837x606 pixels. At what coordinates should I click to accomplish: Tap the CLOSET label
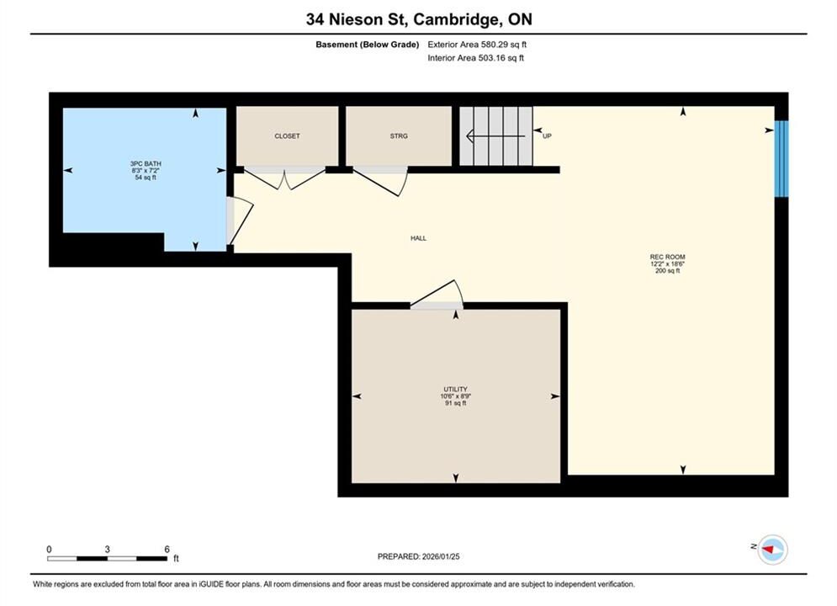pos(287,136)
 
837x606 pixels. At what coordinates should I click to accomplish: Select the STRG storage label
pos(399,136)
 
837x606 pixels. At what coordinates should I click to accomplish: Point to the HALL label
pos(419,238)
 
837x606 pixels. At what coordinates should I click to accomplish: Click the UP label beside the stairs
pos(547,136)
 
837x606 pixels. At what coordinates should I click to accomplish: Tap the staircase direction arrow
pos(495,136)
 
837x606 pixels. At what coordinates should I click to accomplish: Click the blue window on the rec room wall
pos(781,158)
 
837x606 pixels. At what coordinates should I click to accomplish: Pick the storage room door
pos(380,180)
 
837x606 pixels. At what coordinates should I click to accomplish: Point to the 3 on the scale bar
pos(108,550)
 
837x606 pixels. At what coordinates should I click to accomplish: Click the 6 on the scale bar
pos(167,550)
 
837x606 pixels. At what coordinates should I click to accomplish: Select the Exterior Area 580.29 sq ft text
pos(477,45)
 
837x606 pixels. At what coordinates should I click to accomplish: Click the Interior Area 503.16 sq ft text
pos(475,58)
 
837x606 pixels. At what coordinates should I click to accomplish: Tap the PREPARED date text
pos(419,556)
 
